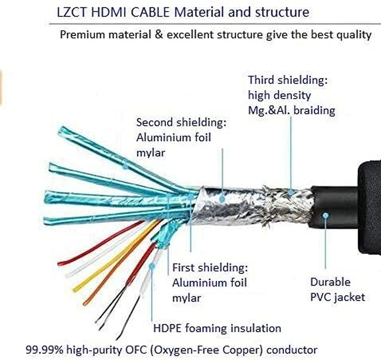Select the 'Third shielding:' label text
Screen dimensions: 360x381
(287, 81)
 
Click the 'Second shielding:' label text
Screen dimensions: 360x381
(181, 122)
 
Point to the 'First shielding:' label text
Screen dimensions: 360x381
(210, 268)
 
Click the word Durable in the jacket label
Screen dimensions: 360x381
(330, 282)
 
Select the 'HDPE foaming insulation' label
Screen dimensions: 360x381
(217, 328)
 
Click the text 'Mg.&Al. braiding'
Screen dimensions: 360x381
(291, 111)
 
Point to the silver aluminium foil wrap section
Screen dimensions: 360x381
(225, 202)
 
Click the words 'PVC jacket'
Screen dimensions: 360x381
(337, 297)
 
